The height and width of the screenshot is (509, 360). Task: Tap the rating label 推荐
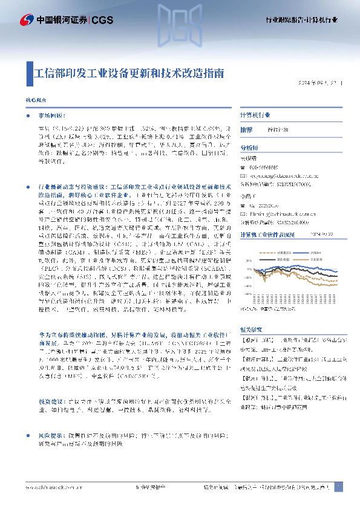pos(247,130)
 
